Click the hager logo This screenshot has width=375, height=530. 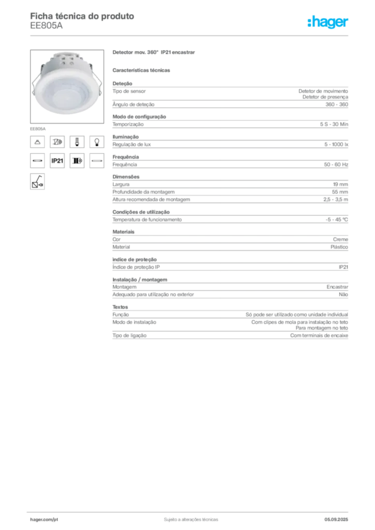pyautogui.click(x=328, y=22)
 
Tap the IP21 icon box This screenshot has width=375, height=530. pyautogui.click(x=57, y=161)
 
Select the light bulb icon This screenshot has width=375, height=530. pyautogui.click(x=97, y=142)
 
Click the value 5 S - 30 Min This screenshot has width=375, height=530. pyautogui.click(x=334, y=124)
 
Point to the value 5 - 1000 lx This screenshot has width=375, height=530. pyautogui.click(x=336, y=144)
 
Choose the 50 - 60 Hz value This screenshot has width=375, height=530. pyautogui.click(x=336, y=165)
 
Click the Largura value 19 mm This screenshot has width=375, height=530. pyautogui.click(x=340, y=185)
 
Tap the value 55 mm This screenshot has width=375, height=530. pyautogui.click(x=340, y=192)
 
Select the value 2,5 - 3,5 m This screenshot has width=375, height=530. pyautogui.click(x=336, y=199)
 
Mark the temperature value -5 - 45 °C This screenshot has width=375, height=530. pyautogui.click(x=337, y=219)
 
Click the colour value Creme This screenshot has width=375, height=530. pyautogui.click(x=340, y=239)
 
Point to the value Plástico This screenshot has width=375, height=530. pyautogui.click(x=339, y=247)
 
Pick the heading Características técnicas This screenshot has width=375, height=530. pyautogui.click(x=141, y=70)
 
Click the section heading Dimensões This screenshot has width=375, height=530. pyautogui.click(x=126, y=177)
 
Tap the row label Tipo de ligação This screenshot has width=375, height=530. pyautogui.click(x=129, y=335)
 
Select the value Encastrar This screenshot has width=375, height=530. pyautogui.click(x=337, y=287)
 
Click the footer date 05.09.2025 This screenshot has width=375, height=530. pyautogui.click(x=336, y=520)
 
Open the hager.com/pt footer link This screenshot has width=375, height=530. pyautogui.click(x=44, y=520)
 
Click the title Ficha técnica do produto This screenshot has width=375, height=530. pyautogui.click(x=82, y=16)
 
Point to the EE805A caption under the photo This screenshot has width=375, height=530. pyautogui.click(x=37, y=129)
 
